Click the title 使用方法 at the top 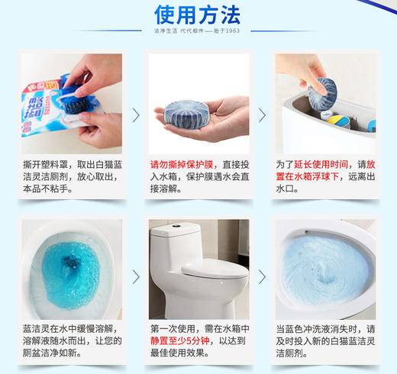tap(197, 15)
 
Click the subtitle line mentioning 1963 tap(198, 31)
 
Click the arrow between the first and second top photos tap(136, 115)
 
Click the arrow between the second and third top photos tap(263, 115)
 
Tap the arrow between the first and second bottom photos tap(136, 276)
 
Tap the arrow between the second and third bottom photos tap(263, 276)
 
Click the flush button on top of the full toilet tap(176, 227)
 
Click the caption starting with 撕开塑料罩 tap(73, 176)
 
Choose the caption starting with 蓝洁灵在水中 tap(73, 341)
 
